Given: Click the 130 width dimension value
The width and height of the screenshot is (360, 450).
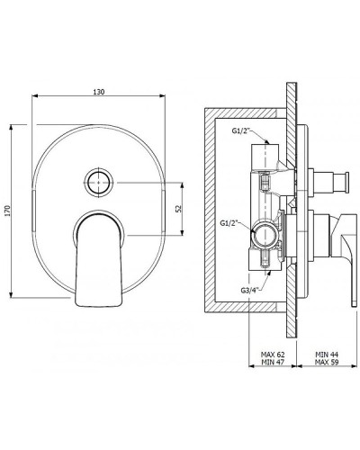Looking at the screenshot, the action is pyautogui.click(x=98, y=92).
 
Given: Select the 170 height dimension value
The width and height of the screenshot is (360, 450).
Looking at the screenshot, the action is pyautogui.click(x=8, y=211).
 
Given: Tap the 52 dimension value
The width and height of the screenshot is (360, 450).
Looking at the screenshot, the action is pyautogui.click(x=178, y=209).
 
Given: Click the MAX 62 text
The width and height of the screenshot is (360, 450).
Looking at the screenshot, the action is pyautogui.click(x=273, y=355).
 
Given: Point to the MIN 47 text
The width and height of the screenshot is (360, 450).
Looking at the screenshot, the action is pyautogui.click(x=273, y=362).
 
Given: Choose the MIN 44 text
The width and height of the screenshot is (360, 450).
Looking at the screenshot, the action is pyautogui.click(x=327, y=355).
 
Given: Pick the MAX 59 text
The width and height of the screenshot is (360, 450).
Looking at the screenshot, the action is pyautogui.click(x=327, y=362).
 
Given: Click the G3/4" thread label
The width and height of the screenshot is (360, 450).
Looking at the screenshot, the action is pyautogui.click(x=249, y=290).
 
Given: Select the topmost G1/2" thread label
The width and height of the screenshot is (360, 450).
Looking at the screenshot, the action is pyautogui.click(x=240, y=130).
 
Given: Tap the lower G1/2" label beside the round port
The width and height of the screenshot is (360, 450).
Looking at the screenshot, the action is pyautogui.click(x=229, y=223).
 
